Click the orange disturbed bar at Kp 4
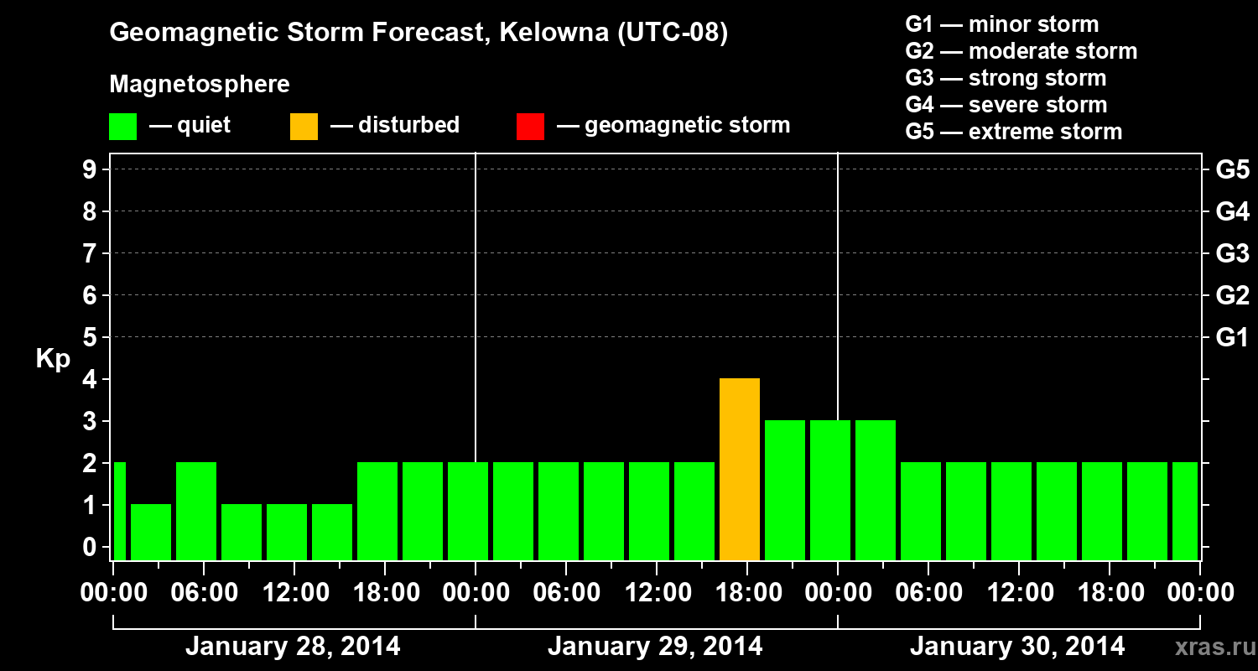(x=740, y=469)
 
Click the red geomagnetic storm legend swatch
(x=530, y=127)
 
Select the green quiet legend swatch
(x=122, y=127)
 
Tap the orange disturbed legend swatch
(x=304, y=127)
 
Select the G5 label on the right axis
(x=1232, y=170)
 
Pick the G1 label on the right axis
(x=1232, y=338)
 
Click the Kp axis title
(x=53, y=359)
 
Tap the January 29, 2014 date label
(x=655, y=647)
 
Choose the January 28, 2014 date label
(x=293, y=647)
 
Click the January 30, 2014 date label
(x=1017, y=647)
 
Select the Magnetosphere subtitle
(x=200, y=85)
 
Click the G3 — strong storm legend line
(x=1006, y=78)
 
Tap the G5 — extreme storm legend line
(x=1013, y=132)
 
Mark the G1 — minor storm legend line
(x=1001, y=24)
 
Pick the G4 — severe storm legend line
(x=1006, y=105)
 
